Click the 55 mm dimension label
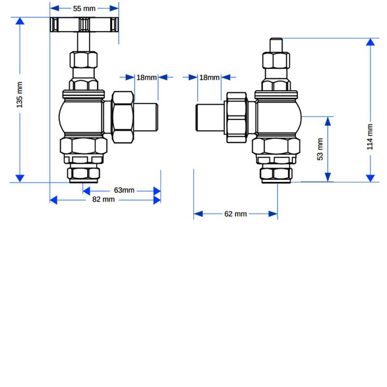(84, 9)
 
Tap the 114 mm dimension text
(370, 137)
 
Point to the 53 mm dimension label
(320, 150)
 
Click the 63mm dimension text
(124, 190)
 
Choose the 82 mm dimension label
(104, 200)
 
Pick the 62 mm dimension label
(236, 214)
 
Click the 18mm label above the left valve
(146, 77)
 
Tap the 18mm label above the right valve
(209, 77)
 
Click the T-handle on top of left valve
(85, 25)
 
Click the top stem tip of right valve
(276, 44)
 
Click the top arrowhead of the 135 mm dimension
(20, 21)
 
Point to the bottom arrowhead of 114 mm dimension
(370, 178)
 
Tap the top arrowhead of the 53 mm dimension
(328, 120)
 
